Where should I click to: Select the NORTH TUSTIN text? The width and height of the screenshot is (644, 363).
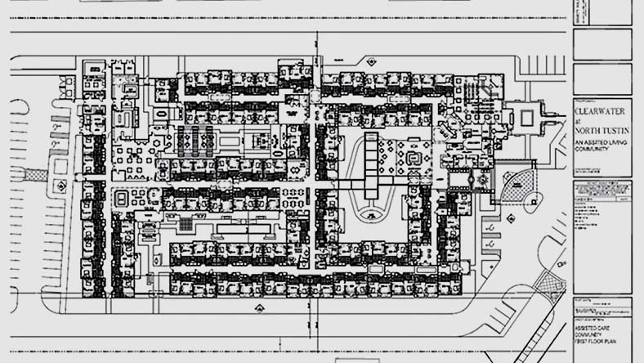point(603,131)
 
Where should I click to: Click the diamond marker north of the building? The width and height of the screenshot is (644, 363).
point(370,61)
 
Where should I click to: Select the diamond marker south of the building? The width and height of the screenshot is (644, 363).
point(259,308)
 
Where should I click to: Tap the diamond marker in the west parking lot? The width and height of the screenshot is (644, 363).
point(60,186)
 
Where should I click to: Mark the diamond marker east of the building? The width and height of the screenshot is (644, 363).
point(510,218)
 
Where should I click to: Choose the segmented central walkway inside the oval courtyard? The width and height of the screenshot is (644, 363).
point(373,164)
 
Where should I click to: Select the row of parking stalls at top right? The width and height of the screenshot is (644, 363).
point(539,65)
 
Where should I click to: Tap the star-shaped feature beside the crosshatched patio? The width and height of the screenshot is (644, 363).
point(483,178)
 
